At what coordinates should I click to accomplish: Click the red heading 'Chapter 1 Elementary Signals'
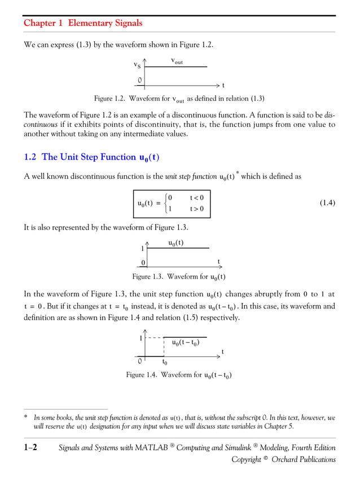83,23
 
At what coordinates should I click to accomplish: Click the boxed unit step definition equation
172,204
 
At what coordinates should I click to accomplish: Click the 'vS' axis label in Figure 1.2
137,67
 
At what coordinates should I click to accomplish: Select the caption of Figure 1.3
179,277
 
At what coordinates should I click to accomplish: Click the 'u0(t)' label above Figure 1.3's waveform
175,243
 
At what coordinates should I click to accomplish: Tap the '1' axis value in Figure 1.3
142,249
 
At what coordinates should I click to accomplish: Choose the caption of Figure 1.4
179,375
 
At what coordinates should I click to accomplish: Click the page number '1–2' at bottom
30,448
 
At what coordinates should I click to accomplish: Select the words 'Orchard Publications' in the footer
304,460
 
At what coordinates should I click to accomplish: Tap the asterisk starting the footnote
25,419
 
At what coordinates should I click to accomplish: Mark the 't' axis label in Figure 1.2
223,86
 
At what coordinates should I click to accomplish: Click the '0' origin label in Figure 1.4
139,362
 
